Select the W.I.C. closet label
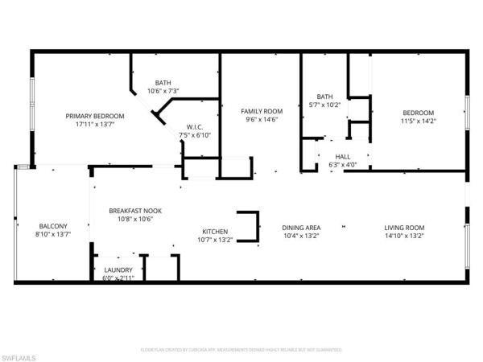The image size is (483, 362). click(194, 126)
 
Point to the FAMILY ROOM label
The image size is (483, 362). click(262, 110)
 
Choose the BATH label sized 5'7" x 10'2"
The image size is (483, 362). click(324, 97)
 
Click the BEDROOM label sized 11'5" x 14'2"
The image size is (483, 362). click(418, 113)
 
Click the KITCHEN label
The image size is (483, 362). click(215, 231)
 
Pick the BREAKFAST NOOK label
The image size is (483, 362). click(130, 210)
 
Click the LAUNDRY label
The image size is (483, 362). click(118, 269)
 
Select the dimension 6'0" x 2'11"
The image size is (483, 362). click(118, 278)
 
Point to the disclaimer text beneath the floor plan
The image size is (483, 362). click(241, 350)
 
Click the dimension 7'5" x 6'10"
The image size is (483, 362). click(194, 134)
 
